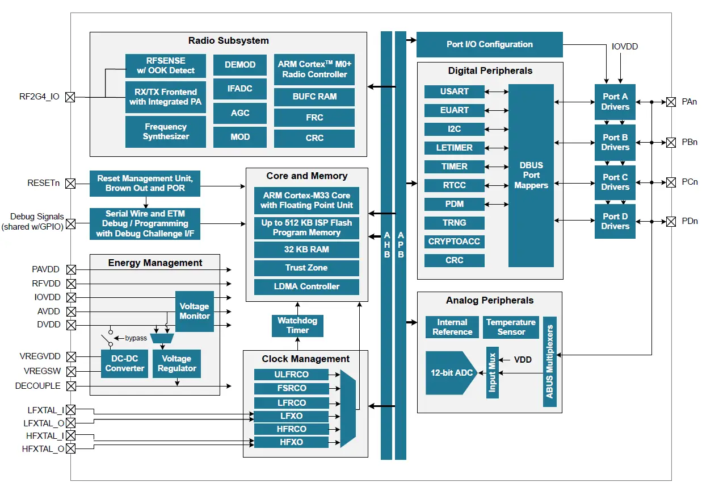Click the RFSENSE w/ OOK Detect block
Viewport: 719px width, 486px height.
[x=165, y=66]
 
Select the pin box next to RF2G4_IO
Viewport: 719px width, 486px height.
[x=70, y=97]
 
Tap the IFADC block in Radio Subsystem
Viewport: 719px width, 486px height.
[x=240, y=89]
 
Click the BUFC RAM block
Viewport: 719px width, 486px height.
[x=314, y=97]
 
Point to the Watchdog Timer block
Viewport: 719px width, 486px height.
[x=297, y=325]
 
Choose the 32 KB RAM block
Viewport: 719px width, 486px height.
[x=306, y=250]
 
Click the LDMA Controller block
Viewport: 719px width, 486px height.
[x=306, y=286]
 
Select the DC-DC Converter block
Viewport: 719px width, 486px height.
[x=125, y=363]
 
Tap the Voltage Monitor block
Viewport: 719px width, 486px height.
[x=195, y=311]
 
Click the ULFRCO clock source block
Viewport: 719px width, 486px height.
[x=291, y=375]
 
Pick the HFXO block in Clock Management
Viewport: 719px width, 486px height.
[x=291, y=442]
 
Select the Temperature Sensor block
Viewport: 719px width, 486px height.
[x=511, y=327]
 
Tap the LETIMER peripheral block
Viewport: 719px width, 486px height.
[x=455, y=148]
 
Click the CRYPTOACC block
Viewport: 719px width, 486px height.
[x=455, y=242]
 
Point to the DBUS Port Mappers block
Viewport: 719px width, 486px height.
[x=531, y=176]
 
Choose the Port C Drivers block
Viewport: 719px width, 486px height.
[x=615, y=182]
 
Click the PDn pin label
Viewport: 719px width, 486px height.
[x=689, y=221]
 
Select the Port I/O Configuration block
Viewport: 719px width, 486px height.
[x=489, y=44]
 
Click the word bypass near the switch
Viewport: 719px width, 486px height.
[x=136, y=338]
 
